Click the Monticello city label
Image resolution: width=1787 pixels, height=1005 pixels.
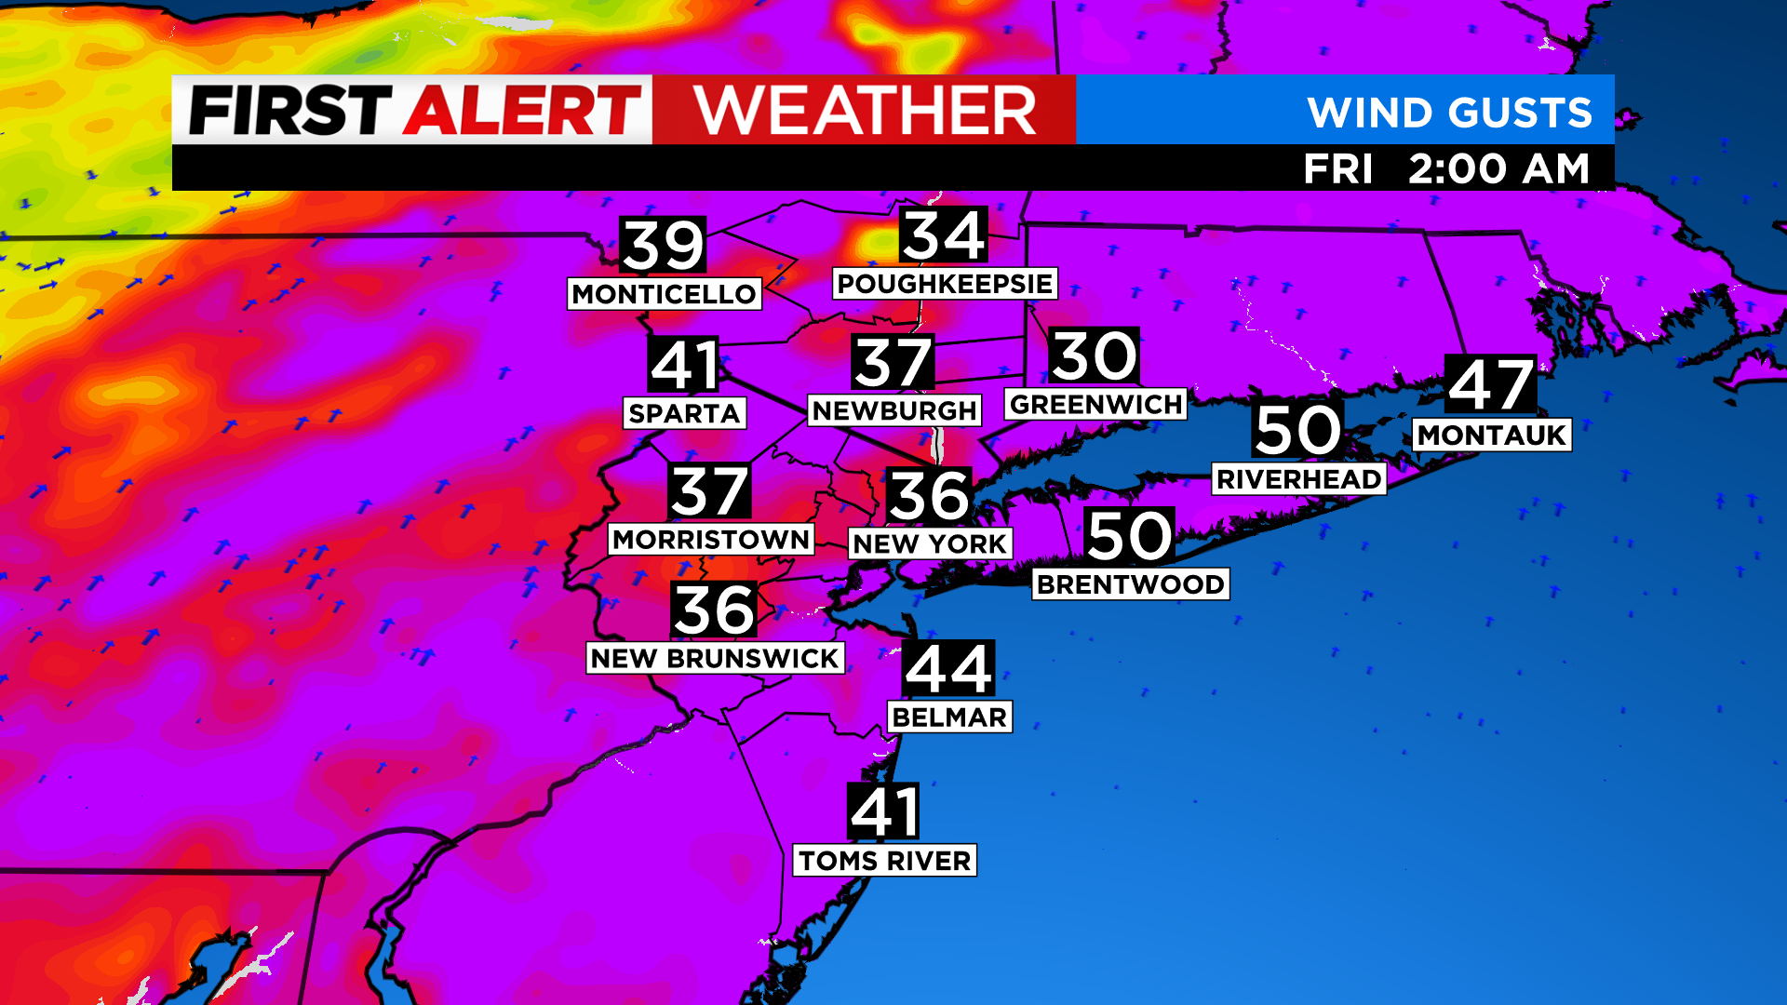(x=664, y=294)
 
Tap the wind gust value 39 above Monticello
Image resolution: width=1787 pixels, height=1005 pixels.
(x=664, y=246)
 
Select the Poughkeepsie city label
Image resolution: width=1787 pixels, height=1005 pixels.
(x=944, y=284)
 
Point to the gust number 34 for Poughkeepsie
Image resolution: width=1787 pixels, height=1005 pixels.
(x=944, y=235)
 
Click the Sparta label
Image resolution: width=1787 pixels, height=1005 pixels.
(x=684, y=413)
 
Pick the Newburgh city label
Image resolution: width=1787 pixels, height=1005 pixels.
(x=894, y=410)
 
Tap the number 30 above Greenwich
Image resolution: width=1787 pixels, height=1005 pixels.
(x=1095, y=355)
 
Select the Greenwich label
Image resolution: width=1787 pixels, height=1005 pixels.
(x=1095, y=405)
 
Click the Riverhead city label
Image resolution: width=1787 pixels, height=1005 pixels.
(x=1298, y=479)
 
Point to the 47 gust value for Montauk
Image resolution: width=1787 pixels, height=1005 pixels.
(x=1491, y=384)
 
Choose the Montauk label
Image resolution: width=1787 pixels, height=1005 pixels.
(x=1492, y=435)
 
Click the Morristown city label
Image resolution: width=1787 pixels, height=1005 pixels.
(x=711, y=540)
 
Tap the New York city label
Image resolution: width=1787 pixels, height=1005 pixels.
(x=930, y=543)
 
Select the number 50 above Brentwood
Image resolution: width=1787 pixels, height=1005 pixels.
(x=1130, y=536)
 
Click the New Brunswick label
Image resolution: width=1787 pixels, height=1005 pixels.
(x=715, y=658)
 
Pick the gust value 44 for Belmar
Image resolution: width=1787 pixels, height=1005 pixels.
(x=948, y=668)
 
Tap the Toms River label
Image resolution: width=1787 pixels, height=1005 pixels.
(x=884, y=861)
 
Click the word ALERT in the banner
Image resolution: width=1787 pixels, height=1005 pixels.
(x=522, y=111)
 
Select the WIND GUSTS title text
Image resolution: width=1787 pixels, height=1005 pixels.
(x=1449, y=113)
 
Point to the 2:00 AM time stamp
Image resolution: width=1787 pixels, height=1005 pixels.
(x=1498, y=169)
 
